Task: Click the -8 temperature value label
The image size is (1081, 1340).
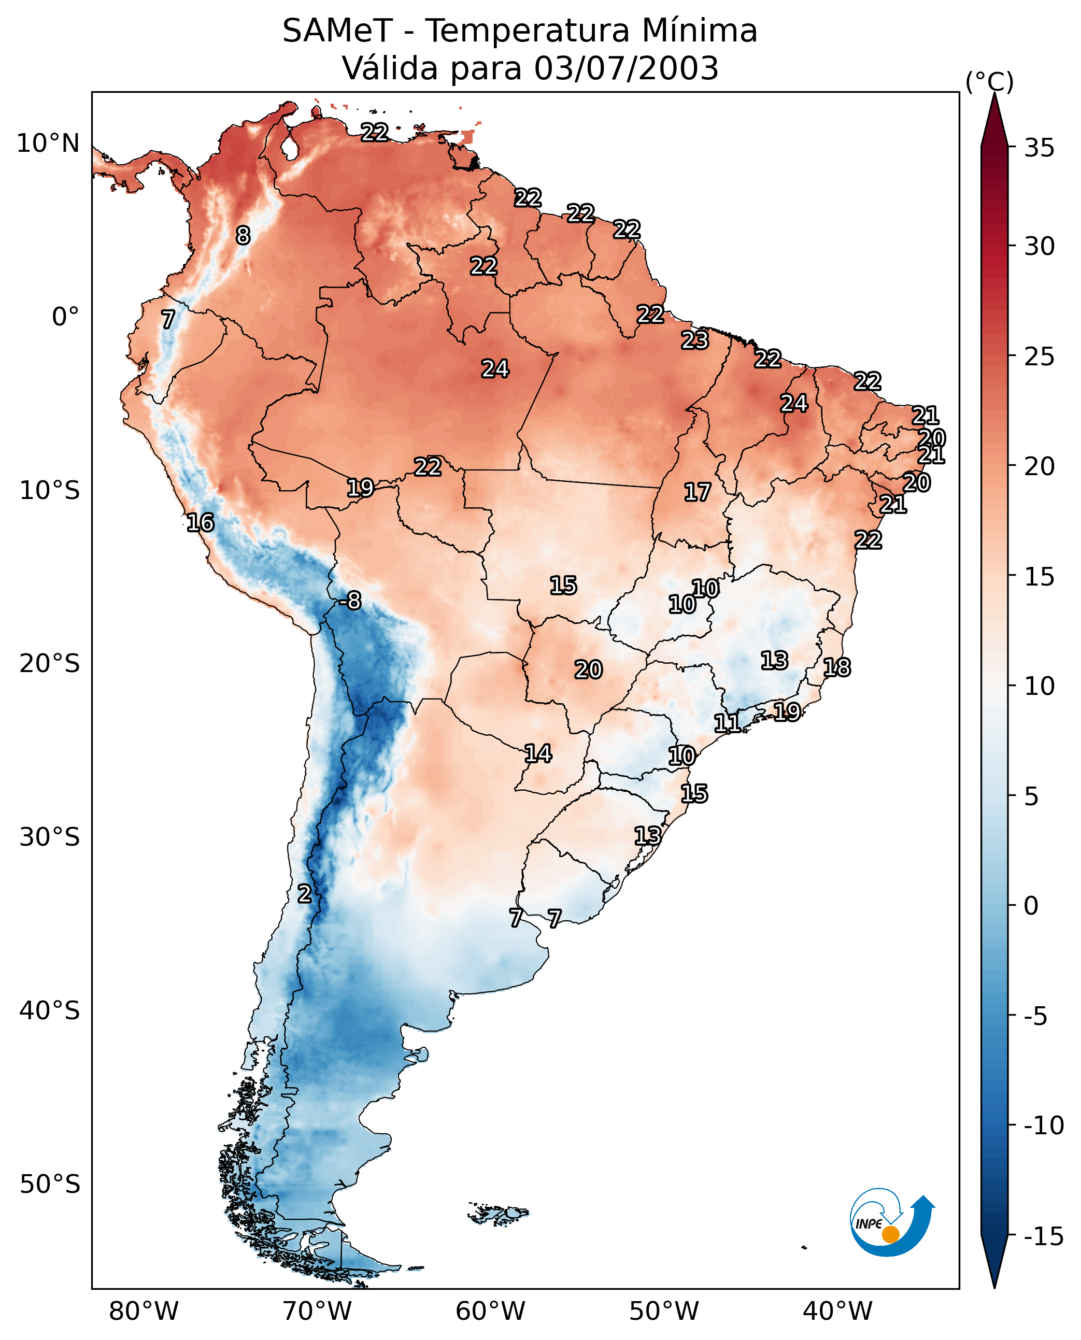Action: (351, 601)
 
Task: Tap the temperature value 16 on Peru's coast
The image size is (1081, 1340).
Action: (201, 522)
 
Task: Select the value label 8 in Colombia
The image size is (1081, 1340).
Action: (243, 235)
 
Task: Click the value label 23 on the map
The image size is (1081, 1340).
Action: (694, 340)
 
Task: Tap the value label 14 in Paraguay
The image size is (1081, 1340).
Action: (538, 753)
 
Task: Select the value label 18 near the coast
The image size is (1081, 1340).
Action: (837, 667)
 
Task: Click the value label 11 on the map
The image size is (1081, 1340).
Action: (727, 723)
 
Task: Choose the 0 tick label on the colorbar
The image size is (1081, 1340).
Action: (1031, 905)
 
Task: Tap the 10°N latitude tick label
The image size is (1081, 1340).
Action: (48, 144)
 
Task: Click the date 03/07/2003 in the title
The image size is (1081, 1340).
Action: (627, 68)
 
